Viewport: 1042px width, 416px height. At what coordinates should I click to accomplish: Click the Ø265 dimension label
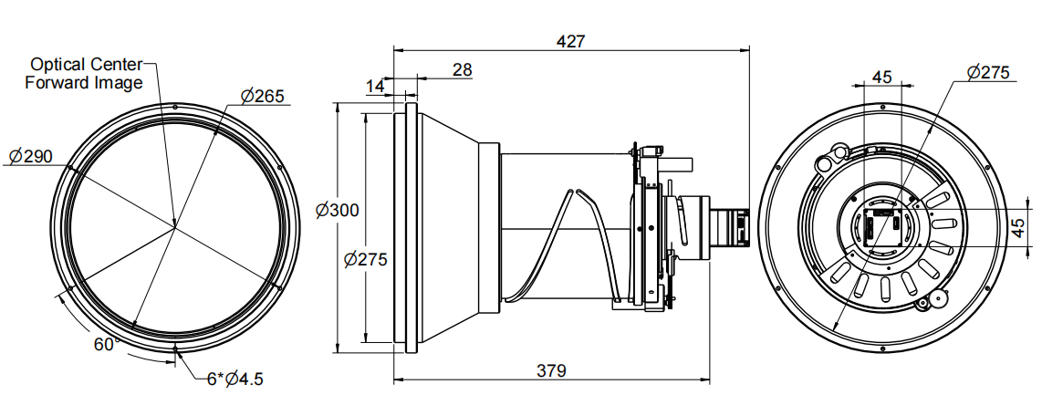pyautogui.click(x=263, y=96)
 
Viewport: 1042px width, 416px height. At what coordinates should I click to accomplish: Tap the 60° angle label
pyautogui.click(x=106, y=344)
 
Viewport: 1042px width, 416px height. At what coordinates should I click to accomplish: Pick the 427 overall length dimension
pyautogui.click(x=569, y=41)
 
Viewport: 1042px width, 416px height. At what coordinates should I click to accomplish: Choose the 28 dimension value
pyautogui.click(x=463, y=69)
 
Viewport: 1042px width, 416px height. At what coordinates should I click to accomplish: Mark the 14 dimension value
pyautogui.click(x=375, y=86)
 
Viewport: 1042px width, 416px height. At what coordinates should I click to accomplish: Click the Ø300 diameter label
pyautogui.click(x=337, y=210)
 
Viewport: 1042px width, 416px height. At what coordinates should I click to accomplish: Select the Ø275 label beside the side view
pyautogui.click(x=366, y=259)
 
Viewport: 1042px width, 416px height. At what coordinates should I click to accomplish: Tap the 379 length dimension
pyautogui.click(x=551, y=370)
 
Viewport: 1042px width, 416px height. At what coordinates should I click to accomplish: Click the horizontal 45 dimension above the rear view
pyautogui.click(x=881, y=77)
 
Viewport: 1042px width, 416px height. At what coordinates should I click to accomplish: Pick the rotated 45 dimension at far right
pyautogui.click(x=1020, y=227)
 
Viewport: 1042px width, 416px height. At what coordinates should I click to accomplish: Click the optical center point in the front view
pyautogui.click(x=174, y=224)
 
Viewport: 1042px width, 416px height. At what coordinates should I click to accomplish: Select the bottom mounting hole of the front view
pyautogui.click(x=174, y=348)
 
